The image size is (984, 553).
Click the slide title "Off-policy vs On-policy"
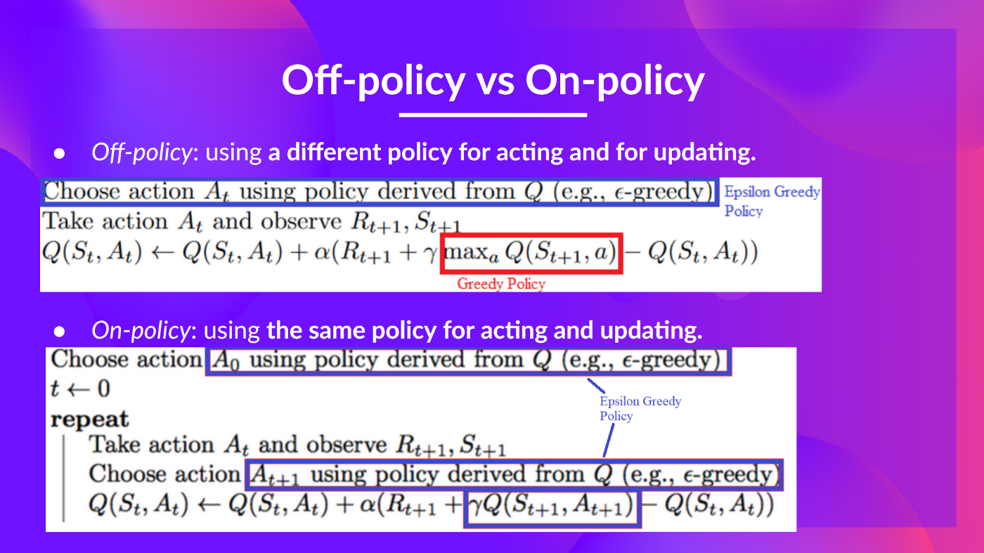click(492, 81)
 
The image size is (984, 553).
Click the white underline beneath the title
click(492, 114)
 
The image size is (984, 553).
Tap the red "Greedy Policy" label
click(500, 284)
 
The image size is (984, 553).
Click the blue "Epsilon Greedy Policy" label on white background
click(771, 201)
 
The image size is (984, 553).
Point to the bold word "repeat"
click(90, 419)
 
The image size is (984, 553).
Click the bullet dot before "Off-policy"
click(60, 153)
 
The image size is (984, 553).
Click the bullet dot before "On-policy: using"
click(60, 330)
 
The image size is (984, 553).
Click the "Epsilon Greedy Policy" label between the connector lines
click(640, 408)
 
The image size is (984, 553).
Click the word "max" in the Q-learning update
click(465, 252)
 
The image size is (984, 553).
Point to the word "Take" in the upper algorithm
click(69, 221)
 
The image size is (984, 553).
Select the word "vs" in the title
click(495, 81)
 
